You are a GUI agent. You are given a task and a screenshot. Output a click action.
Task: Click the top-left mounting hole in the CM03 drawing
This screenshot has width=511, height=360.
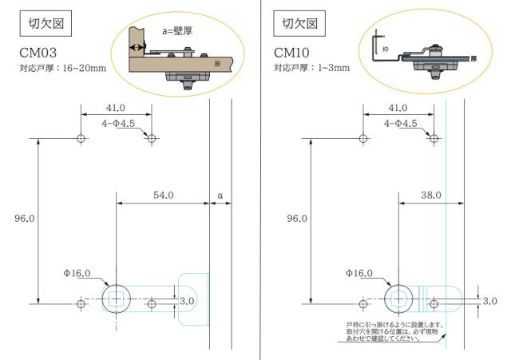point(81,139)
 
